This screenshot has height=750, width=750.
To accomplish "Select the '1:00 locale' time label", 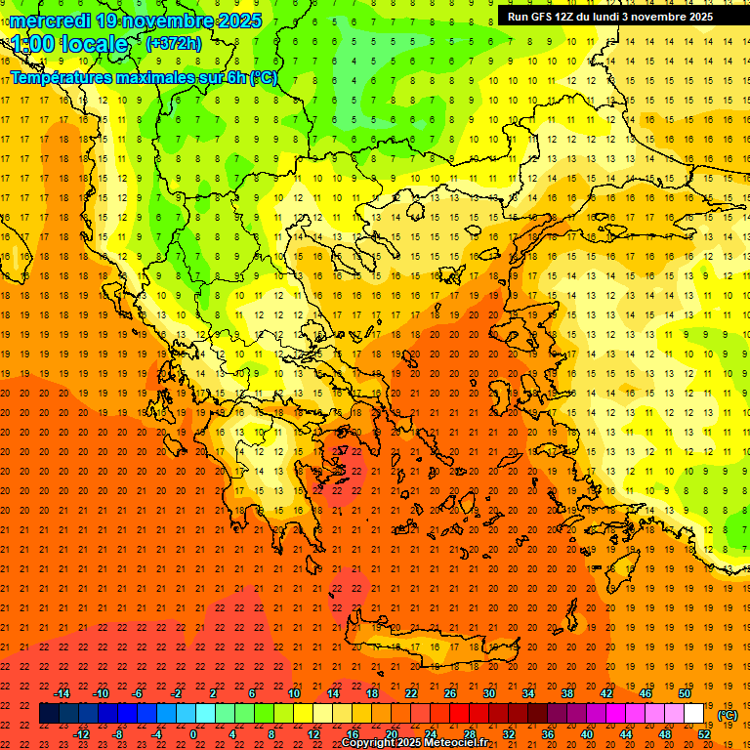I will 70,44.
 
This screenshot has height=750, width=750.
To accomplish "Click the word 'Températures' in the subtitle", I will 62,77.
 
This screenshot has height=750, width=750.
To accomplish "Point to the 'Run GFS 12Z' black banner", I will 610,17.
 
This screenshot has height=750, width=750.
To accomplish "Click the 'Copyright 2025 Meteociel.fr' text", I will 415,743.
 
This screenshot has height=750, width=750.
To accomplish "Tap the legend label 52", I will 704,734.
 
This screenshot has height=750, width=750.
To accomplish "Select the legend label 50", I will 685,693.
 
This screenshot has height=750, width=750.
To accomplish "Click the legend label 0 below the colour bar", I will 194,734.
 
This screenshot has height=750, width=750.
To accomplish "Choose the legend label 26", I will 450,693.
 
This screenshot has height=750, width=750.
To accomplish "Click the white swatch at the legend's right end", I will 694,714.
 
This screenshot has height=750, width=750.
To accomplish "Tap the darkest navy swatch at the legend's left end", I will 49,714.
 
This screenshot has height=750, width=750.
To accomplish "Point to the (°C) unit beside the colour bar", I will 728,715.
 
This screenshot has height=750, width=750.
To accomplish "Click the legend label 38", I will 567,693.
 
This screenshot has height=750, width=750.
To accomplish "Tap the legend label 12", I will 313,734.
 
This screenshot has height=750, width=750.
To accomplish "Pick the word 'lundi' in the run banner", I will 604,17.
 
